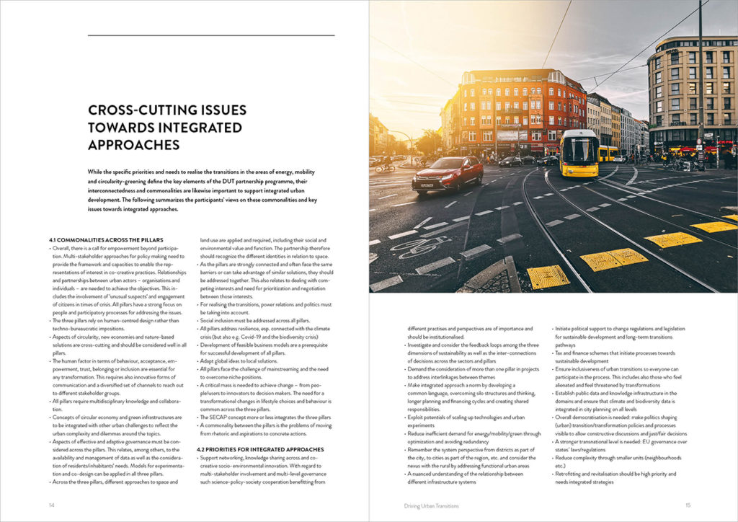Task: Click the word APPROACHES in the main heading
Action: pyautogui.click(x=133, y=144)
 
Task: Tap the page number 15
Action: pyautogui.click(x=688, y=505)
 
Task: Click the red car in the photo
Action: pyautogui.click(x=448, y=174)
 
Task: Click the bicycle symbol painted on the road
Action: pyautogui.click(x=419, y=247)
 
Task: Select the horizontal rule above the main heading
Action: pyautogui.click(x=211, y=35)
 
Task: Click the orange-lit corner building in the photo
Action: pyautogui.click(x=512, y=108)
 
